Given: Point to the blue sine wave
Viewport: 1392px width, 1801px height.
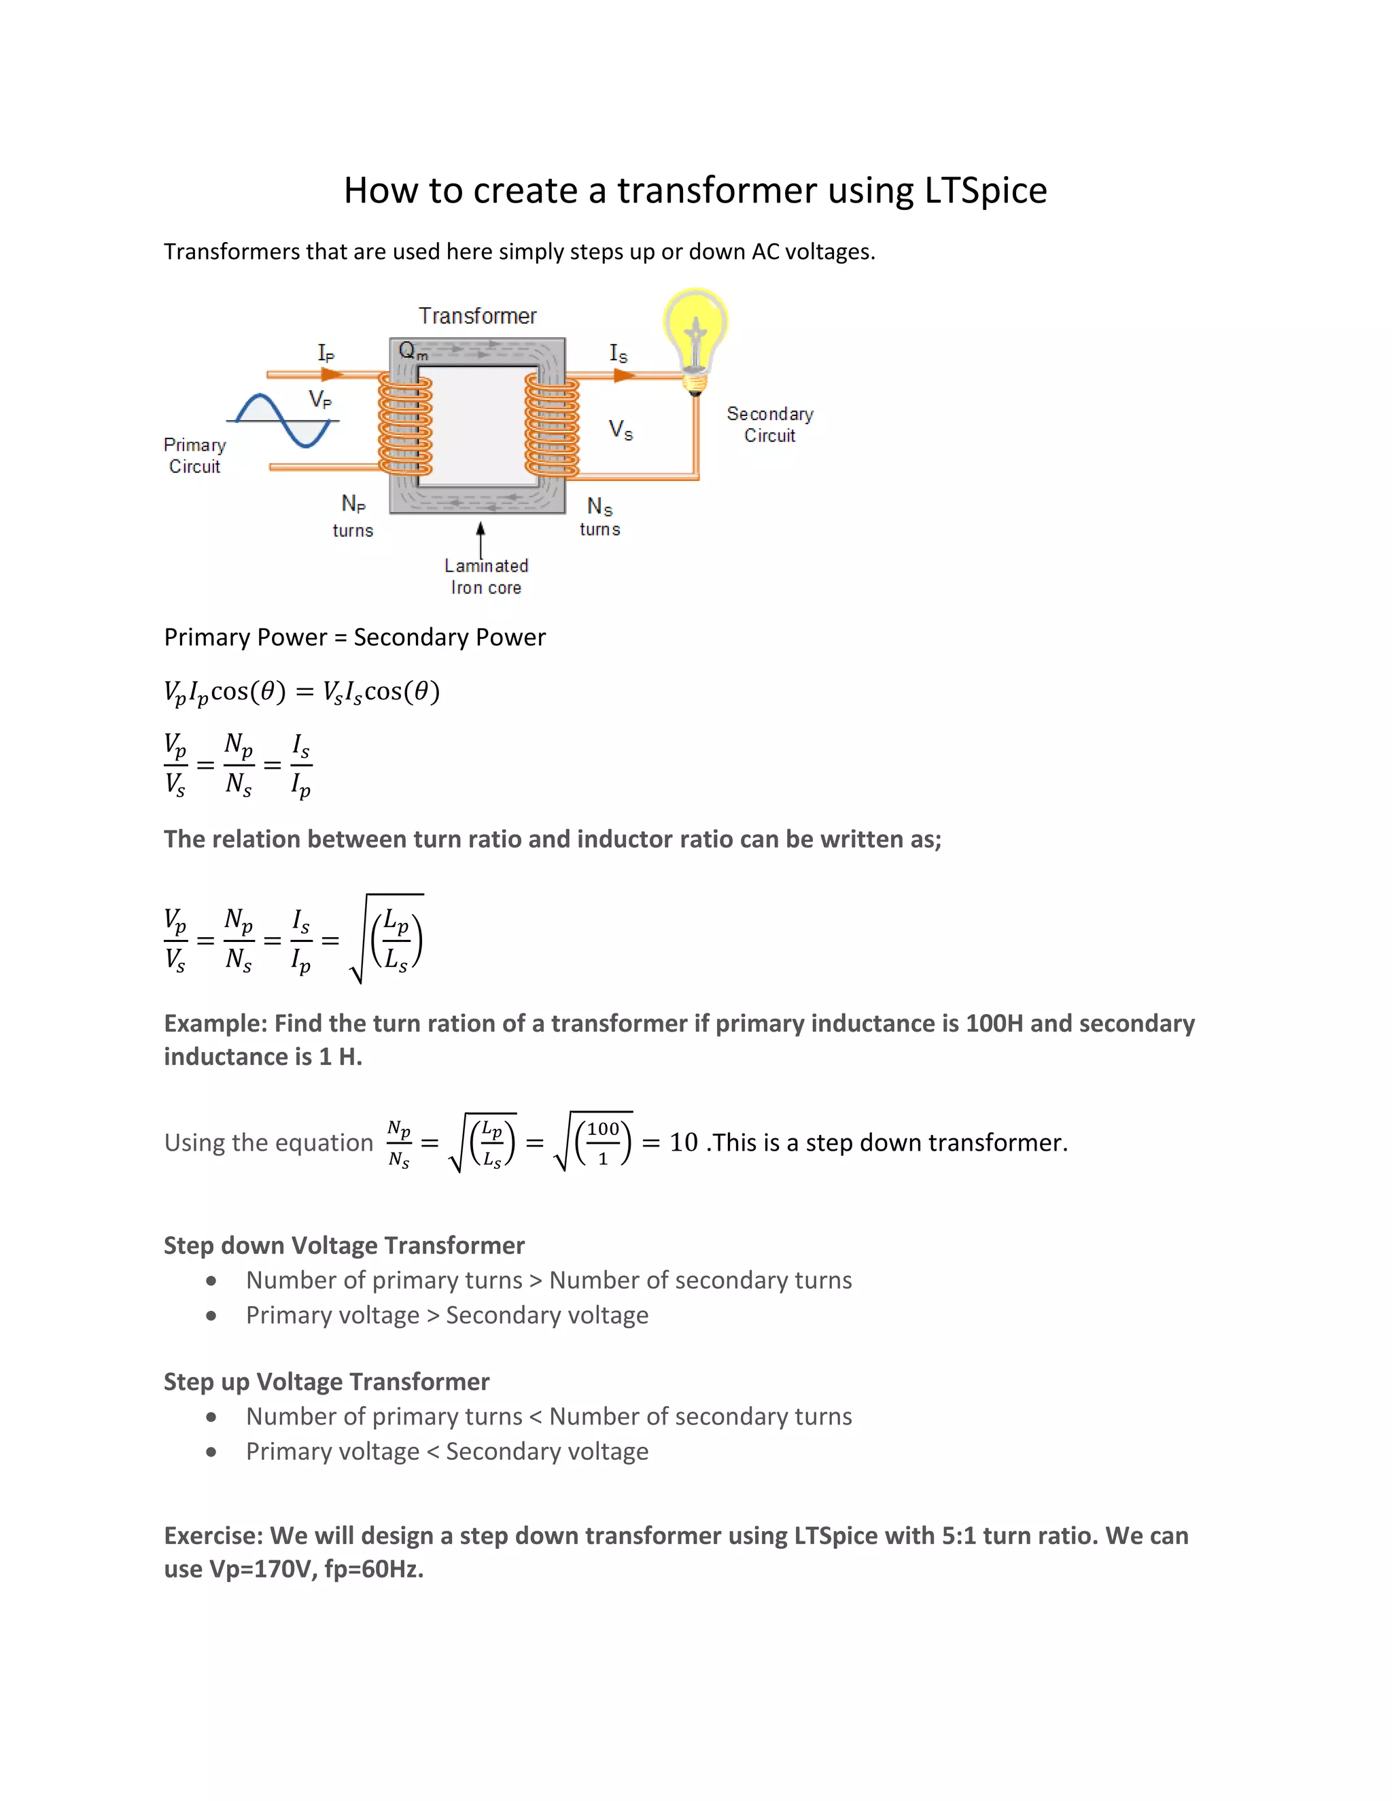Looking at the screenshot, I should tap(283, 420).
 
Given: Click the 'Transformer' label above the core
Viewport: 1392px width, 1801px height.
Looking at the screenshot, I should tap(476, 316).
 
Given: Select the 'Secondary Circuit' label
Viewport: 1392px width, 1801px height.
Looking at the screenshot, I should tap(769, 425).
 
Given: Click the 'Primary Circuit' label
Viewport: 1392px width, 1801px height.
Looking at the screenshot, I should tap(194, 455).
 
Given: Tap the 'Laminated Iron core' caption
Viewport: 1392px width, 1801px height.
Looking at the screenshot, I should tap(486, 576).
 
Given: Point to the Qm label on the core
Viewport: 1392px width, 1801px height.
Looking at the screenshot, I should tap(413, 351).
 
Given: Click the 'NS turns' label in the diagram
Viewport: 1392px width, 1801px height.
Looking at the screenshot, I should tap(599, 517).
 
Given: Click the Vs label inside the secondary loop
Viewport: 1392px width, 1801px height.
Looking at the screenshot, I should tap(620, 430).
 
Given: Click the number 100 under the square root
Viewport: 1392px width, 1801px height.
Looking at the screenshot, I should tap(603, 1129).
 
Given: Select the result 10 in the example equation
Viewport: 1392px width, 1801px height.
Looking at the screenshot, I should tap(683, 1142).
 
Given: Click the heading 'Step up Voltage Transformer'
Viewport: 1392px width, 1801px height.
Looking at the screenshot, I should tap(326, 1381).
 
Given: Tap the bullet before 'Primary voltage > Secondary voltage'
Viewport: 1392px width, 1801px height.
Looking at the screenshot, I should tap(211, 1315).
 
